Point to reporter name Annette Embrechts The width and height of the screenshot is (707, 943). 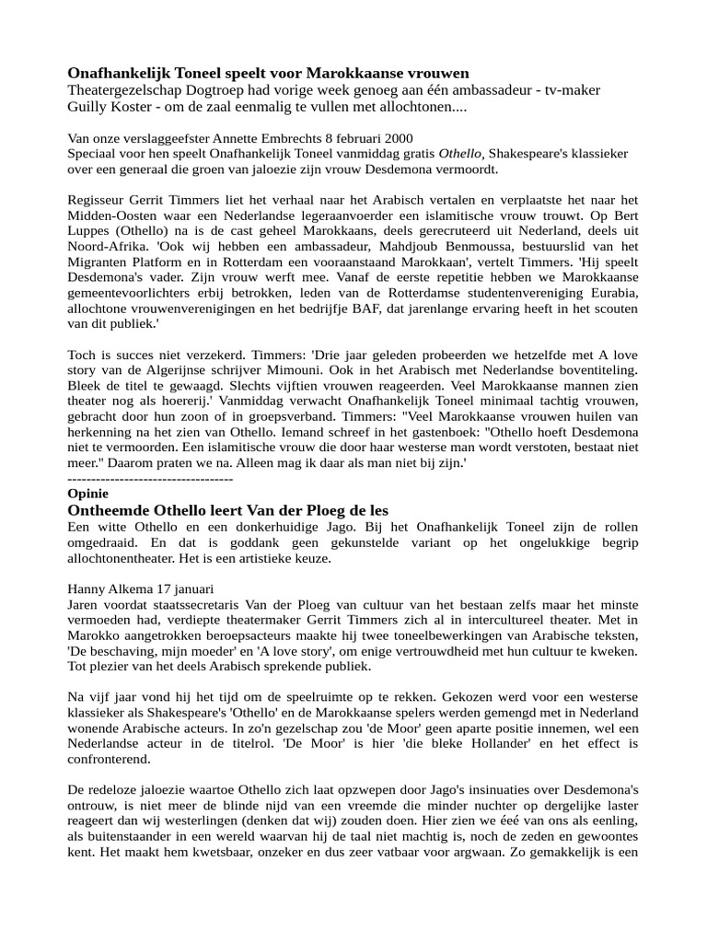tap(262, 137)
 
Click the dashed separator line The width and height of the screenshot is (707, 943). tap(150, 479)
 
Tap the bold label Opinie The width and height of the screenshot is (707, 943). tap(88, 493)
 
